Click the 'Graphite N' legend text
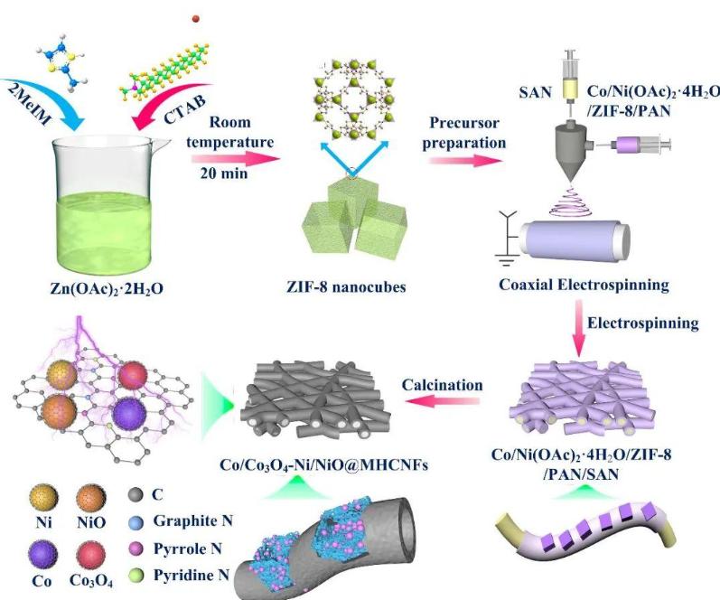[x=178, y=520]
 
